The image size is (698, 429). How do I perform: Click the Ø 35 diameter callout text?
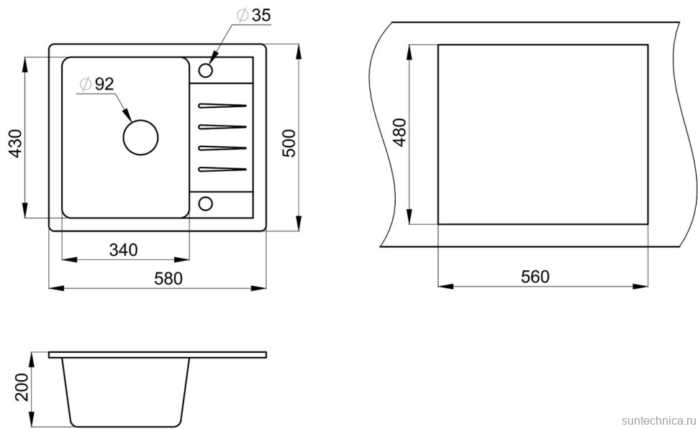click(x=253, y=15)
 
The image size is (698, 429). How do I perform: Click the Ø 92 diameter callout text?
click(x=96, y=83)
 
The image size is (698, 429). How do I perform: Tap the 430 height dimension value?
click(x=16, y=143)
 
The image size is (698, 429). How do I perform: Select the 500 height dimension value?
click(x=289, y=143)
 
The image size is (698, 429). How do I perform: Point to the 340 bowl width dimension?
click(x=123, y=250)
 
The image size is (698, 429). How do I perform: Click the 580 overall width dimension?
click(x=168, y=278)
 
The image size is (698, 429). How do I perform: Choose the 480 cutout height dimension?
click(x=400, y=132)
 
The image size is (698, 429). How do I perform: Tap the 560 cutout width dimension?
click(x=535, y=277)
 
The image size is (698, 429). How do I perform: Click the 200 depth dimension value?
click(x=22, y=387)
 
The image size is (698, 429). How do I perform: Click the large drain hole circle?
click(x=140, y=137)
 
